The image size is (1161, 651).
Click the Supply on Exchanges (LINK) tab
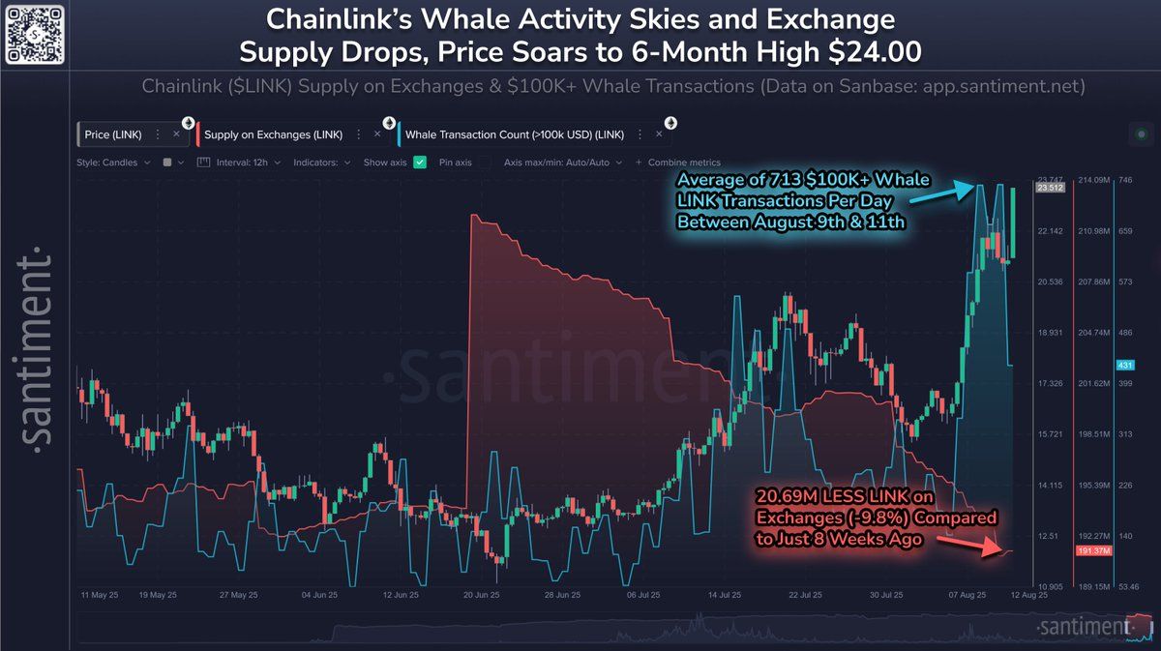pyautogui.click(x=273, y=134)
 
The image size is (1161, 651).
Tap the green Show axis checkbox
pyautogui.click(x=420, y=163)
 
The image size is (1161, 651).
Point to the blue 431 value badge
pyautogui.click(x=1124, y=366)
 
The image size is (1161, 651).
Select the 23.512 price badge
pyautogui.click(x=1049, y=189)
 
